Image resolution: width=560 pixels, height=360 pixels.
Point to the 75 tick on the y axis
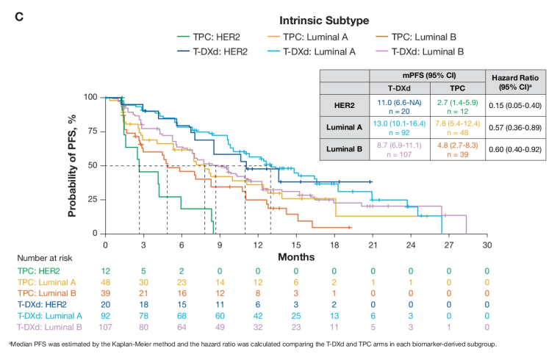click(x=91, y=132)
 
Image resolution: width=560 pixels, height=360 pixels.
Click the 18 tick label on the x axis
click(x=334, y=245)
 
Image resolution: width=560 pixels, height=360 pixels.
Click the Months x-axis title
click(x=296, y=257)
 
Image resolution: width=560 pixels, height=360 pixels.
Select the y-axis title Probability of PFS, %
click(x=73, y=165)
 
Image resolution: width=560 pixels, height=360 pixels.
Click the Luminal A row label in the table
click(x=344, y=126)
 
